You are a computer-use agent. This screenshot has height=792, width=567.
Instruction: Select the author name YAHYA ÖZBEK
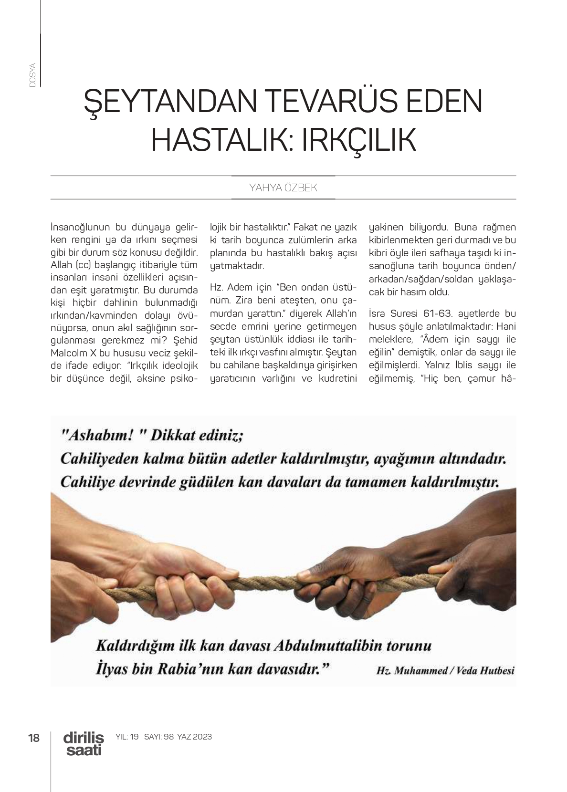click(x=283, y=188)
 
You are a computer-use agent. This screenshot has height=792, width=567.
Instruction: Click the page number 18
click(x=34, y=738)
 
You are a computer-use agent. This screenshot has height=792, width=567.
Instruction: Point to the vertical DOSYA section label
click(x=32, y=74)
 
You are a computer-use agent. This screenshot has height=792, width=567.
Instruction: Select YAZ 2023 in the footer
click(x=194, y=737)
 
